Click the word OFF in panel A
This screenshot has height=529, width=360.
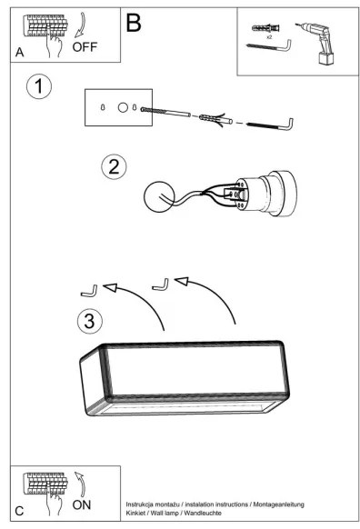85,46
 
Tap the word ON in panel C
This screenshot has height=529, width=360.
81,504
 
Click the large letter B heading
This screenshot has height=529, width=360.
134,23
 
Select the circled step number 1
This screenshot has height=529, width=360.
39,86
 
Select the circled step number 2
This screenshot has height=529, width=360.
114,166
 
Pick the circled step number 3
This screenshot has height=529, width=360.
90,321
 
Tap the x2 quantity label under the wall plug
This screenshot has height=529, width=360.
269,37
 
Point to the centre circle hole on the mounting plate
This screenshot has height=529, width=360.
123,107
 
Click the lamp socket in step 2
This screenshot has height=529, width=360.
265,194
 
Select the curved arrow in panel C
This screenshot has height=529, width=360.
81,483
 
